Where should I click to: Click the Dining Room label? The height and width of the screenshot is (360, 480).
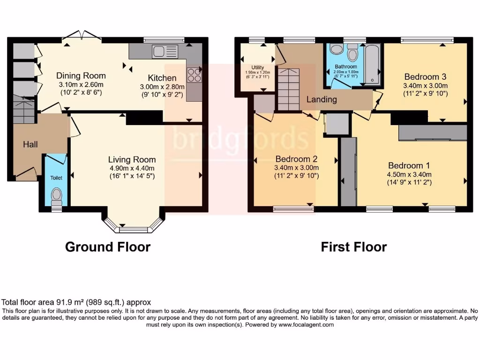[x=81, y=75]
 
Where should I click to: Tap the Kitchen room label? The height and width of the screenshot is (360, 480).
[x=162, y=78]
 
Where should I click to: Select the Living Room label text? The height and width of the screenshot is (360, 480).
[x=132, y=160]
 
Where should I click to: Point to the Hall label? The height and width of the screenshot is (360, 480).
[x=30, y=144]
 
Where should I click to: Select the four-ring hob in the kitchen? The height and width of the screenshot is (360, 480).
[x=194, y=75]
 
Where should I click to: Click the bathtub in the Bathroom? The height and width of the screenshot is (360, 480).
[x=373, y=64]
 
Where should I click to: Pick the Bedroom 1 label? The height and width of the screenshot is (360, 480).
[x=409, y=165]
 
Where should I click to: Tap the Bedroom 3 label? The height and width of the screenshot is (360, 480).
[x=425, y=77]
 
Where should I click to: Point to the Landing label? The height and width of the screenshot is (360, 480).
[x=322, y=99]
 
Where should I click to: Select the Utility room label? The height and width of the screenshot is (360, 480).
[x=258, y=67]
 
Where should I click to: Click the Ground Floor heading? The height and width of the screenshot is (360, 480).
[x=108, y=247]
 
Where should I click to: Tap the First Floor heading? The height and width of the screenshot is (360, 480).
[x=354, y=247]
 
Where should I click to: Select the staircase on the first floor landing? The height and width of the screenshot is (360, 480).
[x=288, y=88]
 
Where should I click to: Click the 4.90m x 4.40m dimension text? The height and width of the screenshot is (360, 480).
[x=132, y=168]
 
